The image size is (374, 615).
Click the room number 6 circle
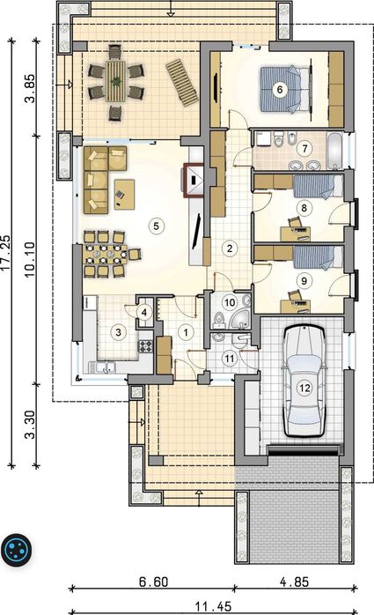280,89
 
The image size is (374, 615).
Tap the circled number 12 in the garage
304,388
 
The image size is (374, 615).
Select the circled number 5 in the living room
157,226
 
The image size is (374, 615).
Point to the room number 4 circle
144,313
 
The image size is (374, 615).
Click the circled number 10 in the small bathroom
230,302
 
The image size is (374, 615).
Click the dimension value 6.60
153,582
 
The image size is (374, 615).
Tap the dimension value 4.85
294,582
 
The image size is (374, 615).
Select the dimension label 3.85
31,88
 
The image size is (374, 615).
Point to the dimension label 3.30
31,425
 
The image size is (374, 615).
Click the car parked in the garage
304,382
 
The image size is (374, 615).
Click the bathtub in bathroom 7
334,152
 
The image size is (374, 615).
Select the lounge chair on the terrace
181,83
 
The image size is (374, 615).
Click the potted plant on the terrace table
116,82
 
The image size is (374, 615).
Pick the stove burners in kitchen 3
146,346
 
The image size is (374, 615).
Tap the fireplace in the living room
194,179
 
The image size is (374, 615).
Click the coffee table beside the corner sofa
124,194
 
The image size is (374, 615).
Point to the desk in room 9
296,307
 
